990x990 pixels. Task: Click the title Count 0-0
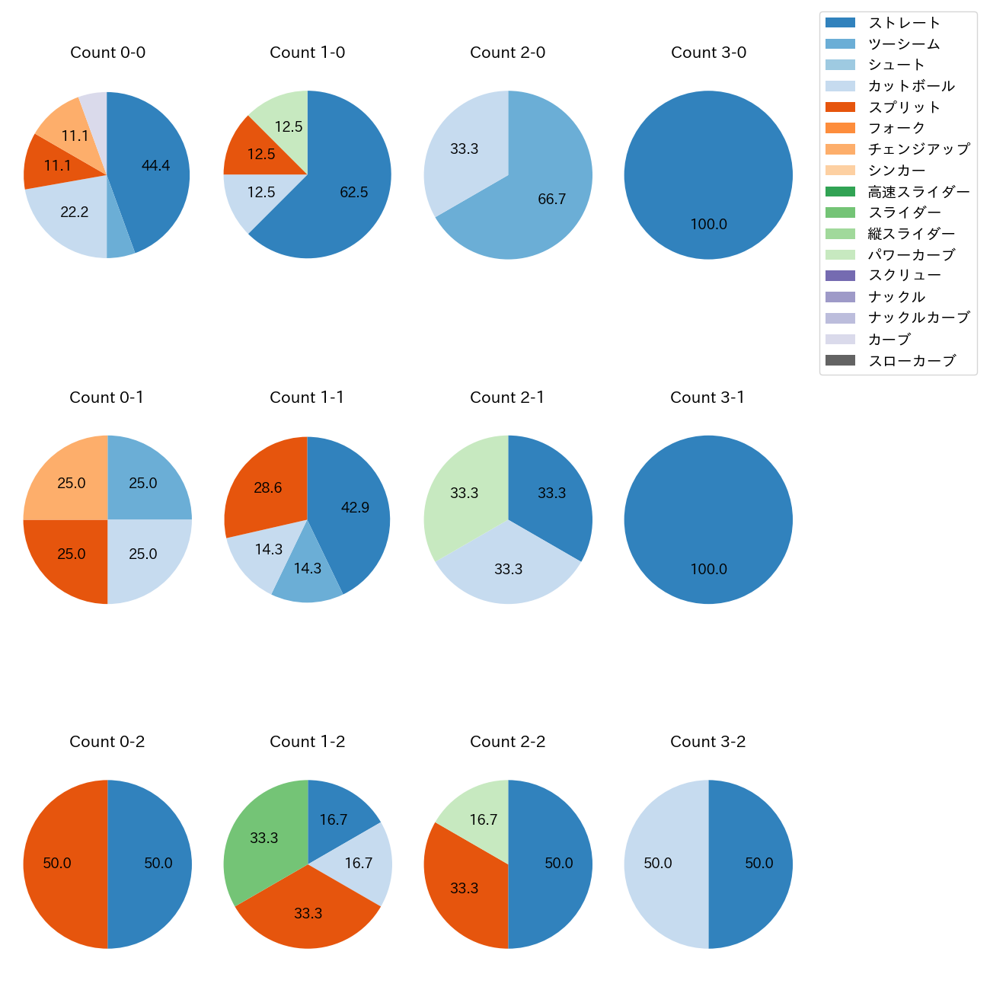(x=107, y=53)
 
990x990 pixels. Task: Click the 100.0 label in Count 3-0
(x=708, y=225)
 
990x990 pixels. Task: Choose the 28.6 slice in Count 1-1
(x=267, y=488)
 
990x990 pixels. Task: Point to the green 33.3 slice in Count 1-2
(x=263, y=838)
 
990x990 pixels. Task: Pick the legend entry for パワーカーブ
(x=911, y=255)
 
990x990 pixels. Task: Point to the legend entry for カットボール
(x=911, y=86)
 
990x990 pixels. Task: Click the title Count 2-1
(x=507, y=398)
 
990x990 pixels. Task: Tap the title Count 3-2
(x=707, y=742)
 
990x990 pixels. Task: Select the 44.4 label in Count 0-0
(x=155, y=165)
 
